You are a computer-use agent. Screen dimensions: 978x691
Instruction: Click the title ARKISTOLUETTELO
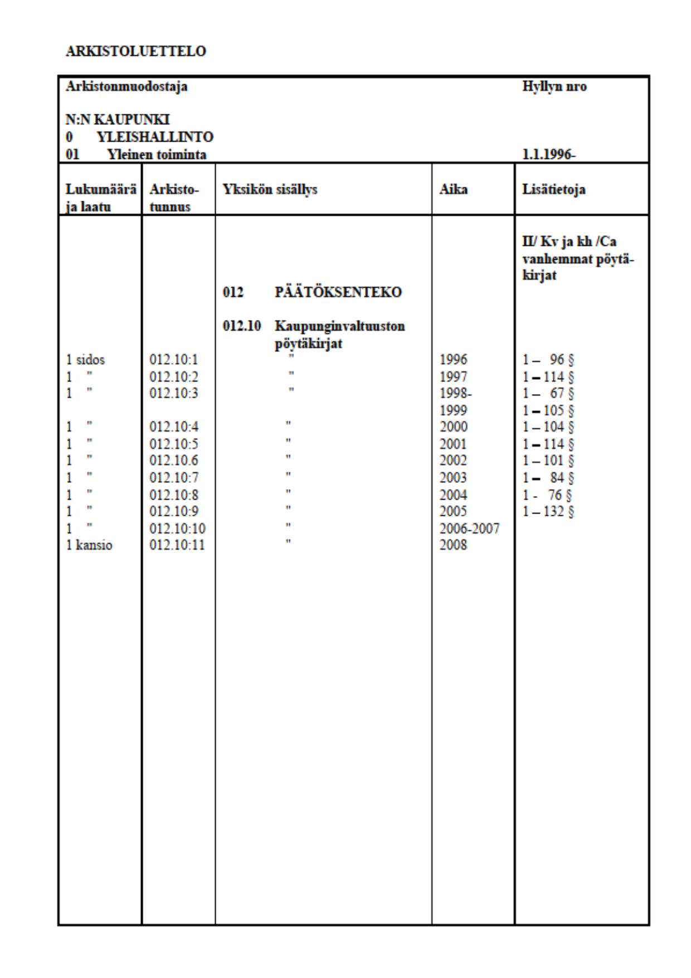click(x=135, y=51)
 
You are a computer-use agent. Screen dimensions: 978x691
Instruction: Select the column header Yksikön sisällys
click(x=270, y=190)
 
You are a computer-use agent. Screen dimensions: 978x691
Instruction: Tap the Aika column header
click(x=453, y=190)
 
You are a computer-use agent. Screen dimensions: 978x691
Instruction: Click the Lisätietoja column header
click(x=553, y=190)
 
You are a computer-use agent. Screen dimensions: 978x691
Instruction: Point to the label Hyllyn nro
click(x=554, y=86)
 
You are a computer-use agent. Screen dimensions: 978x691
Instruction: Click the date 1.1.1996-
click(x=548, y=154)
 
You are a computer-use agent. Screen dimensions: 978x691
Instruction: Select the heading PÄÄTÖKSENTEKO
click(x=338, y=292)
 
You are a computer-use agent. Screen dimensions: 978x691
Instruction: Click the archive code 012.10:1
click(x=173, y=360)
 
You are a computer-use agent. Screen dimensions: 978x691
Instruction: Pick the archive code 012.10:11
click(x=177, y=545)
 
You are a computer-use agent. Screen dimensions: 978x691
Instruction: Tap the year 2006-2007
click(x=469, y=528)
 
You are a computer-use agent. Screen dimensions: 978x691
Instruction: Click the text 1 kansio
click(x=89, y=545)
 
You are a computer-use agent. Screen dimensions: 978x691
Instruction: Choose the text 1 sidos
click(x=85, y=360)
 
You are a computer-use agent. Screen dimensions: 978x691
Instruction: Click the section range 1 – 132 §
click(x=548, y=511)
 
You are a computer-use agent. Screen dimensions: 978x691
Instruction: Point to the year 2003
click(x=453, y=478)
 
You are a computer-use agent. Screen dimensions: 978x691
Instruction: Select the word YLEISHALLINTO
click(x=155, y=137)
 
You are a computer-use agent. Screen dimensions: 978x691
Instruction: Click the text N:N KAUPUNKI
click(x=118, y=120)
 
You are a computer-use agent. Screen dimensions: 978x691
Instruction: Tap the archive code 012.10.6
click(x=173, y=461)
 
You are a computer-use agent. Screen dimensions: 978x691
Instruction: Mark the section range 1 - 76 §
click(x=547, y=495)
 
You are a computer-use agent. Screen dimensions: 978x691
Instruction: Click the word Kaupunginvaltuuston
click(x=339, y=326)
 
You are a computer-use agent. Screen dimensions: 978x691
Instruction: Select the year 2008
click(x=453, y=545)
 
